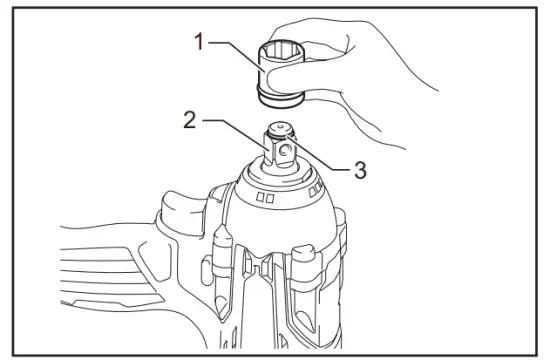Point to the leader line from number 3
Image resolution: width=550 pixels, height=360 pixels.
point(320,160)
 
